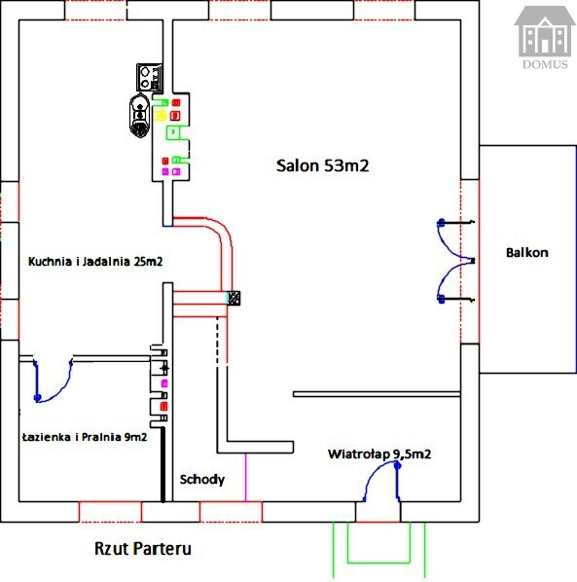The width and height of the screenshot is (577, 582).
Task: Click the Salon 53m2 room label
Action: click(x=322, y=165)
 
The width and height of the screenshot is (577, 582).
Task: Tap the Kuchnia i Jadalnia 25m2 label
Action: click(x=95, y=261)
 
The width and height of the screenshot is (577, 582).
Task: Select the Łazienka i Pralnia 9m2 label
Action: click(x=85, y=437)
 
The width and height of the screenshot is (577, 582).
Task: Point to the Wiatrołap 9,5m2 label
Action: click(x=379, y=454)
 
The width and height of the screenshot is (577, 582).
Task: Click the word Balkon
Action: click(x=527, y=253)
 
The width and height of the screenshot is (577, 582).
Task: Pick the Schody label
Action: click(x=202, y=480)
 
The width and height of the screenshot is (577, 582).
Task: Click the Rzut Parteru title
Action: click(x=143, y=549)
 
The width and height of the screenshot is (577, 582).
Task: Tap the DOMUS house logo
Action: click(x=544, y=37)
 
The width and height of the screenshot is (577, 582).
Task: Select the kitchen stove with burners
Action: click(x=150, y=77)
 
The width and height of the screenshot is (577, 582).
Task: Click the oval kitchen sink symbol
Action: click(x=140, y=116)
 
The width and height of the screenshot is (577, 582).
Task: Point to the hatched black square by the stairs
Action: click(x=234, y=298)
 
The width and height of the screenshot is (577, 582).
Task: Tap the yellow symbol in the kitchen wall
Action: click(x=160, y=116)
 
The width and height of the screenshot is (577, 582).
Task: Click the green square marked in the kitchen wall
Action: click(x=173, y=132)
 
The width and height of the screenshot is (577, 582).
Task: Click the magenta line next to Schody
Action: click(x=245, y=477)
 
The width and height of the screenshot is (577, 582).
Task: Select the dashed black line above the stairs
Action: click(x=217, y=340)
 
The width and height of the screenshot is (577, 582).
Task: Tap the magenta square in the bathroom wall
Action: click(x=164, y=383)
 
